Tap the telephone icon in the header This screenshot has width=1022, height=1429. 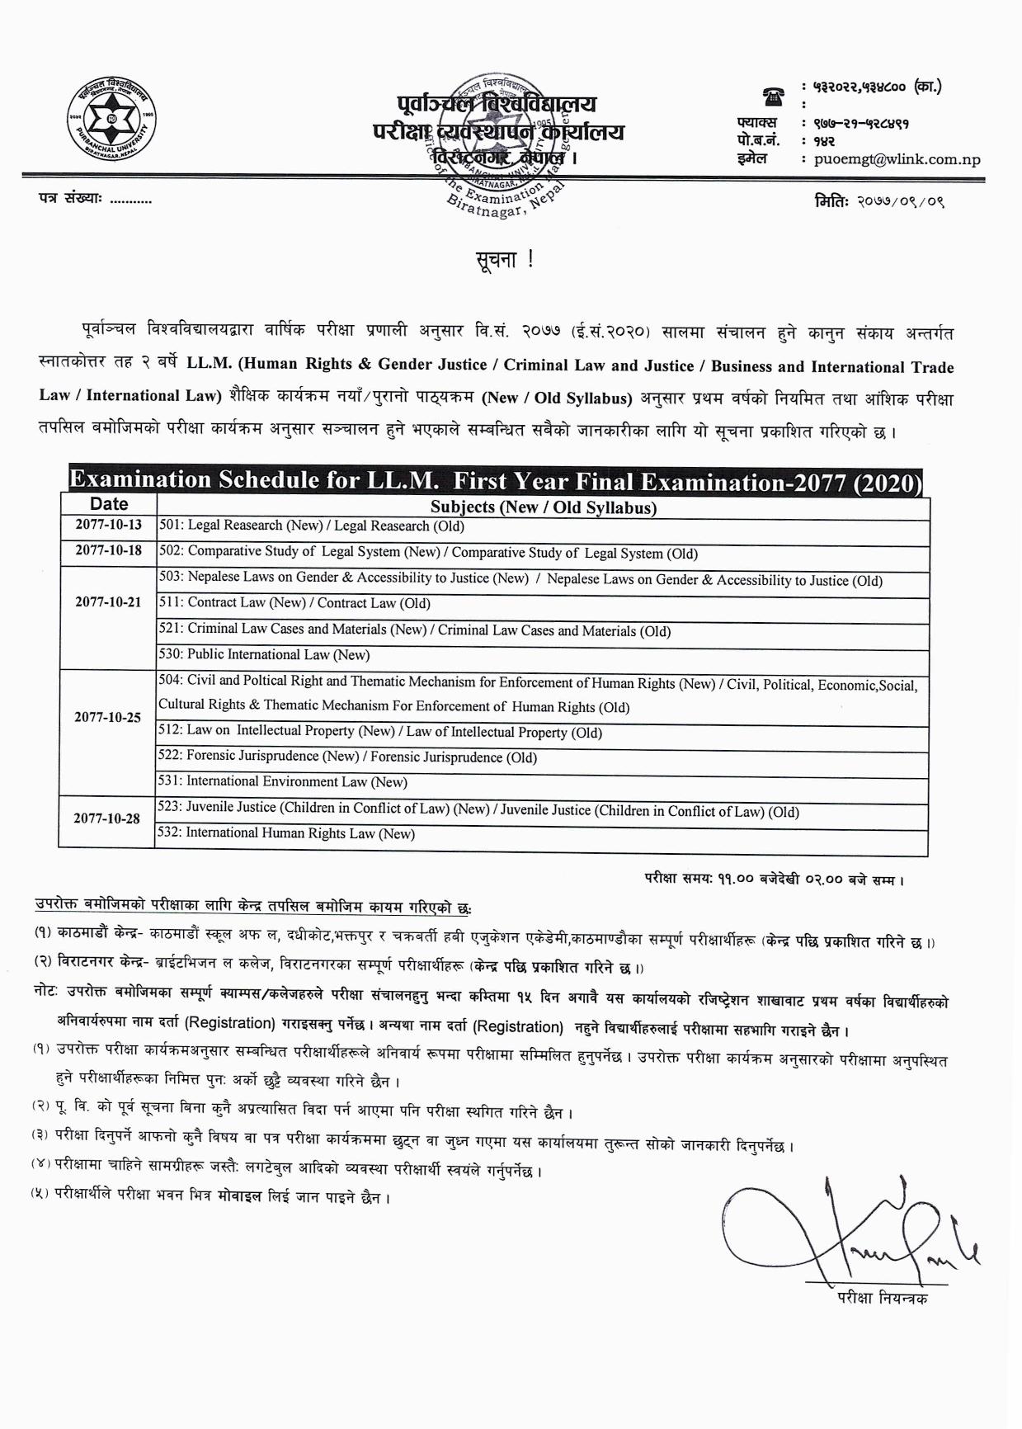(x=773, y=97)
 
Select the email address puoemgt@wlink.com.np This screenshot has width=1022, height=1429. (x=897, y=159)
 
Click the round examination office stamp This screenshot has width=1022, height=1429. (x=503, y=153)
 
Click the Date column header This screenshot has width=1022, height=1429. (x=109, y=504)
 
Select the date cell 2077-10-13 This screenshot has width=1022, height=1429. (x=109, y=525)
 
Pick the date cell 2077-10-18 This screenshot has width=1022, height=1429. (x=109, y=550)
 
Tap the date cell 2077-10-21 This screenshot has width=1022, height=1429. (x=109, y=602)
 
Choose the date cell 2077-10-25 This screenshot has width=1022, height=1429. (x=108, y=717)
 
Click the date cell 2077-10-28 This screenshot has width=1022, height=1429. (x=107, y=818)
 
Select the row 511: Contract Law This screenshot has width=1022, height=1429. (x=294, y=603)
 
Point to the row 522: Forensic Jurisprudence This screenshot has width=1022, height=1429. (x=347, y=757)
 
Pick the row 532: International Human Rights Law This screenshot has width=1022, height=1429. (x=286, y=833)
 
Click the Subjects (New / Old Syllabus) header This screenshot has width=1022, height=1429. (x=543, y=507)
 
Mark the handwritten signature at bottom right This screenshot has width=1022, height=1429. (x=850, y=1229)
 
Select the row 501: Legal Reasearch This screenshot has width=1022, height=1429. (x=312, y=526)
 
